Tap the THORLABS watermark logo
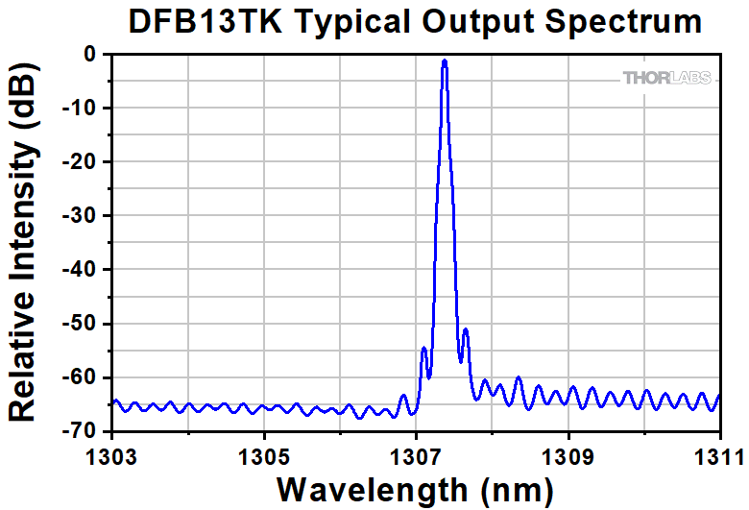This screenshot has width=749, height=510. (x=668, y=78)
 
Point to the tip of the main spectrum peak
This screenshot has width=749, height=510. (x=445, y=61)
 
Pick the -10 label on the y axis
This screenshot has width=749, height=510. (x=85, y=109)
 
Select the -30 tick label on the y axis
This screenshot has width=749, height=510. (x=85, y=216)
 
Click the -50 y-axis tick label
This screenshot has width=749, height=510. (x=85, y=324)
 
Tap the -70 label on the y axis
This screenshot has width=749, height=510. (x=85, y=431)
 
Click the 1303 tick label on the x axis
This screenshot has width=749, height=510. (x=113, y=452)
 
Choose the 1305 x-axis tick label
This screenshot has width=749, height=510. (x=265, y=452)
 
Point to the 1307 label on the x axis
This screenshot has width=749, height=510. (x=417, y=452)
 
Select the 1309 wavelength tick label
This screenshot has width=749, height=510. (x=568, y=452)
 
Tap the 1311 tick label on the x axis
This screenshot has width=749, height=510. (x=720, y=452)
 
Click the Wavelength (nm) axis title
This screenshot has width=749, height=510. (x=415, y=487)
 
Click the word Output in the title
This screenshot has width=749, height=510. (x=475, y=21)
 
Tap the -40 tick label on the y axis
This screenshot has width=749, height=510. (x=85, y=270)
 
